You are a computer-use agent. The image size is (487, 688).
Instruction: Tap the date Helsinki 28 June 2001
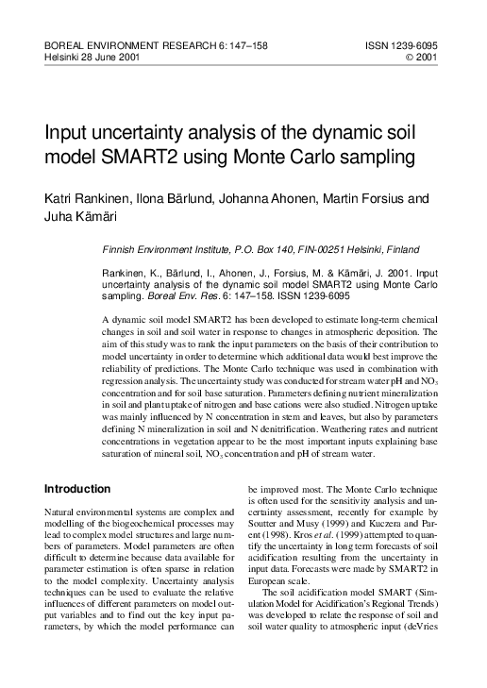click(94, 57)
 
